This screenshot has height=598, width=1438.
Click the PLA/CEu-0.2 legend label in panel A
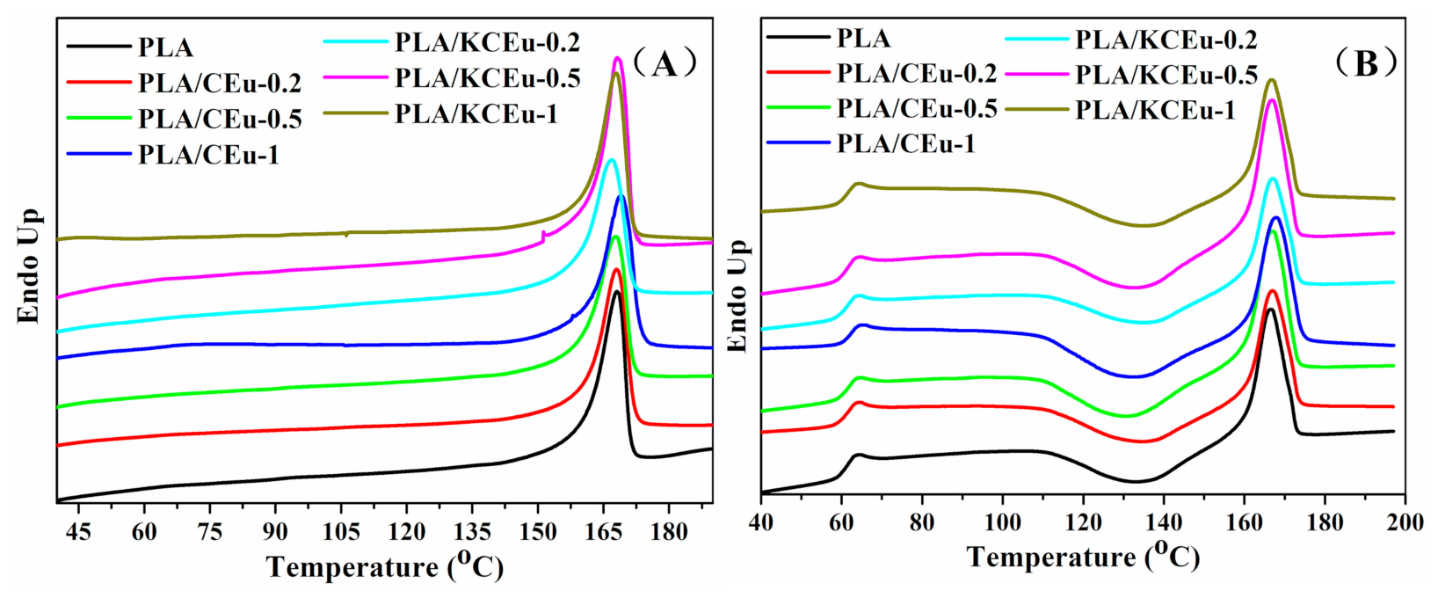219,84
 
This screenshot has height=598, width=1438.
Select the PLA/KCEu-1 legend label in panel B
1155,110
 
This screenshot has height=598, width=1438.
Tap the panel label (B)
1365,63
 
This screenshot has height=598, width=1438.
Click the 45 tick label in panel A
79,532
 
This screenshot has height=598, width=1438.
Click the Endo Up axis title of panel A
31,266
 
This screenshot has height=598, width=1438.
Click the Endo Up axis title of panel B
738,295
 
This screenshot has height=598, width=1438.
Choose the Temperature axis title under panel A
385,567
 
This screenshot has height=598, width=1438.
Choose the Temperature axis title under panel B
1083,558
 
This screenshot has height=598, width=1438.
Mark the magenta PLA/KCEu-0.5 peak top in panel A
618,58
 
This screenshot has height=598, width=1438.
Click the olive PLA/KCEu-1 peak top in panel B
1271,80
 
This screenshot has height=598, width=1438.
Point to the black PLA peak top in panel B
1271,310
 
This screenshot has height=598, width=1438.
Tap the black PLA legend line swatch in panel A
98,47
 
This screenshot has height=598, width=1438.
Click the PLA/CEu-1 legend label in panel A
208,156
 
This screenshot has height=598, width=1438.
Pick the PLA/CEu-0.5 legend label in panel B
916,109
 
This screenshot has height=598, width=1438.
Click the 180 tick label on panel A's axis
668,532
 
